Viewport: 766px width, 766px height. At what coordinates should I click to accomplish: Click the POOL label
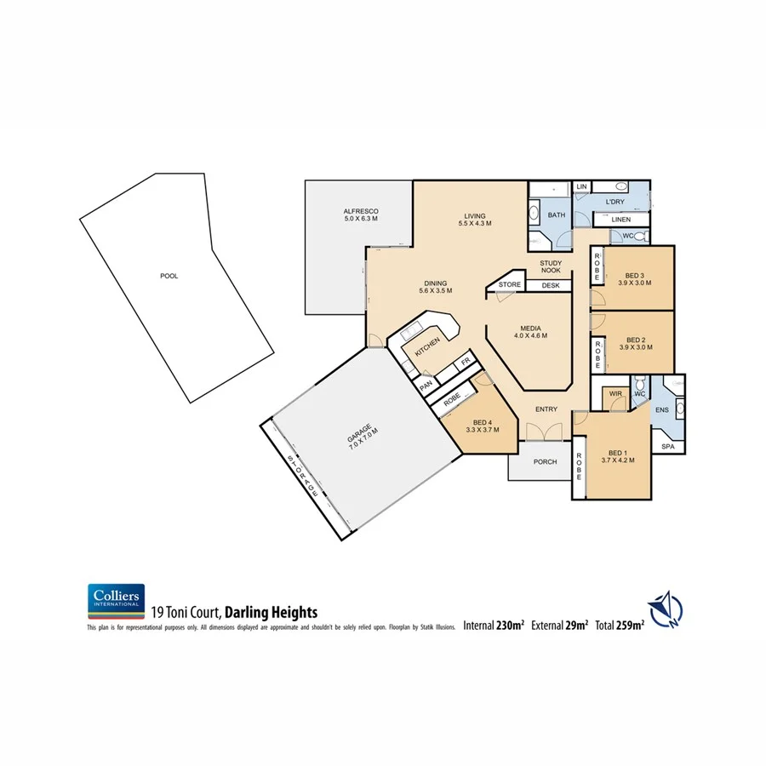(169, 276)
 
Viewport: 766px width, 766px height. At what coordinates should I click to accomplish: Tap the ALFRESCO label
(360, 211)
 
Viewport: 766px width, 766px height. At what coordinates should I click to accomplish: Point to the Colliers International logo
(116, 602)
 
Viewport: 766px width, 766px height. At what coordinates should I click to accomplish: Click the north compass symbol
(665, 609)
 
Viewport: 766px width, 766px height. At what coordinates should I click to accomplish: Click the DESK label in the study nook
(550, 285)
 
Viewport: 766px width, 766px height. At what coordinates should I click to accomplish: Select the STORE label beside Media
(510, 284)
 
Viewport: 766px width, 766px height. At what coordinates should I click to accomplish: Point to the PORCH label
(545, 462)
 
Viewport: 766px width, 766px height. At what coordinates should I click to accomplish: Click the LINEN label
(620, 220)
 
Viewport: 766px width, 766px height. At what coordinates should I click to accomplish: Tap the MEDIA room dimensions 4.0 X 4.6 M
(530, 335)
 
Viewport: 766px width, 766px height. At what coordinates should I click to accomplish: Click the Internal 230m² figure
(494, 626)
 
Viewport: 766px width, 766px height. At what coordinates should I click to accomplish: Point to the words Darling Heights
(271, 612)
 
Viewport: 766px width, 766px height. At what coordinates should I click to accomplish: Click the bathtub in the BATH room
(534, 213)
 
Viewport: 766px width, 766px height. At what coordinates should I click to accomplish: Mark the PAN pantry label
(425, 386)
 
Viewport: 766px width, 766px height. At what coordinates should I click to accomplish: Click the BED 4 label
(481, 423)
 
